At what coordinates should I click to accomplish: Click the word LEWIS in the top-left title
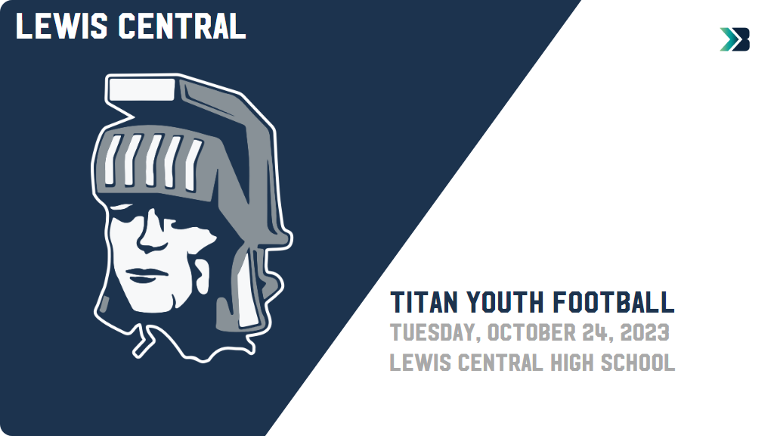coord(61,26)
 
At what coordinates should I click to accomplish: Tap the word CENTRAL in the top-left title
coord(181,26)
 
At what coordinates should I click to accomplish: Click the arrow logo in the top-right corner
coord(735,39)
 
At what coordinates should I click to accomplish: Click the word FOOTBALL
coord(614,302)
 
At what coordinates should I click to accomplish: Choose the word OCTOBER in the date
coord(530,332)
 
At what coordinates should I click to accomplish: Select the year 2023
coord(645,332)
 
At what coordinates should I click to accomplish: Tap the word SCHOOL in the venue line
coord(638,363)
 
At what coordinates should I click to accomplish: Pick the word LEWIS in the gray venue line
coord(420,363)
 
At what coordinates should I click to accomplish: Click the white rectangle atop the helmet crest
coord(141,89)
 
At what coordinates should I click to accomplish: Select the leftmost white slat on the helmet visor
coord(113,160)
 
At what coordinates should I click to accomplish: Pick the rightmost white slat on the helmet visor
coord(193,165)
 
